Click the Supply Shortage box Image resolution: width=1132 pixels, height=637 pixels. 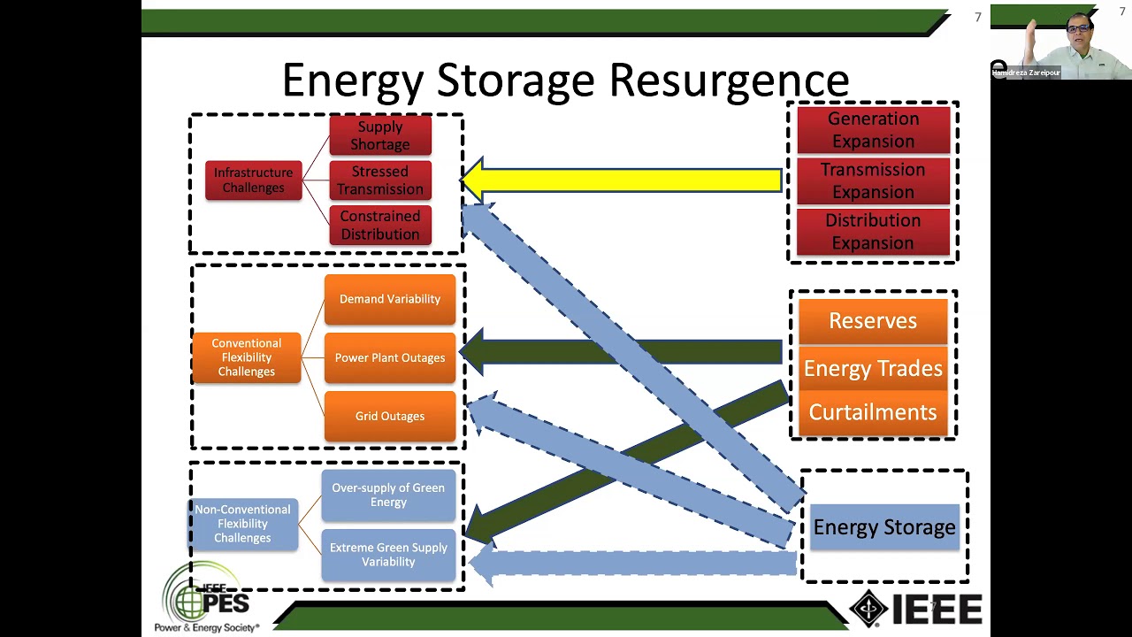(x=380, y=135)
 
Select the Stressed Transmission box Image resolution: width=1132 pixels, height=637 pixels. (x=380, y=180)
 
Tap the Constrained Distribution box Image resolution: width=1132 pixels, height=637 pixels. (x=380, y=225)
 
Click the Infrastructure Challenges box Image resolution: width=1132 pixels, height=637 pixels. (x=253, y=180)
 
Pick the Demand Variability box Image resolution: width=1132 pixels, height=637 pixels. (x=389, y=299)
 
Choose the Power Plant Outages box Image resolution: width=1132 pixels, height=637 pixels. (x=389, y=357)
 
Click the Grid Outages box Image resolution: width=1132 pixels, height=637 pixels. (x=389, y=416)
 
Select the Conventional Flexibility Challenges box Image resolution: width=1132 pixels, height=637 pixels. (x=246, y=357)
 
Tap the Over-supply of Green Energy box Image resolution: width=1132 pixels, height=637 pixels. (x=388, y=495)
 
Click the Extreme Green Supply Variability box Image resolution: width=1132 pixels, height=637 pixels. (x=388, y=555)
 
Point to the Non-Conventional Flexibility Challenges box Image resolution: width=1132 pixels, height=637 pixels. (x=242, y=524)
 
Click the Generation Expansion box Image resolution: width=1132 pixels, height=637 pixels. (x=873, y=130)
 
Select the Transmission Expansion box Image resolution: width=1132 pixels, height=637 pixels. (x=873, y=180)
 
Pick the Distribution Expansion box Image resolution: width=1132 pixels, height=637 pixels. (x=873, y=231)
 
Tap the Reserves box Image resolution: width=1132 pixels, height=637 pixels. (x=873, y=321)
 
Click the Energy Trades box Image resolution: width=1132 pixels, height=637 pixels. (x=873, y=368)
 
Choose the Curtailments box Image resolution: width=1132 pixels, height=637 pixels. (x=873, y=412)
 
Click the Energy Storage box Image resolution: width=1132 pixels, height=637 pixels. (x=884, y=527)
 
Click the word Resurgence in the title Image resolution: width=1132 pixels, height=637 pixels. (x=729, y=81)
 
